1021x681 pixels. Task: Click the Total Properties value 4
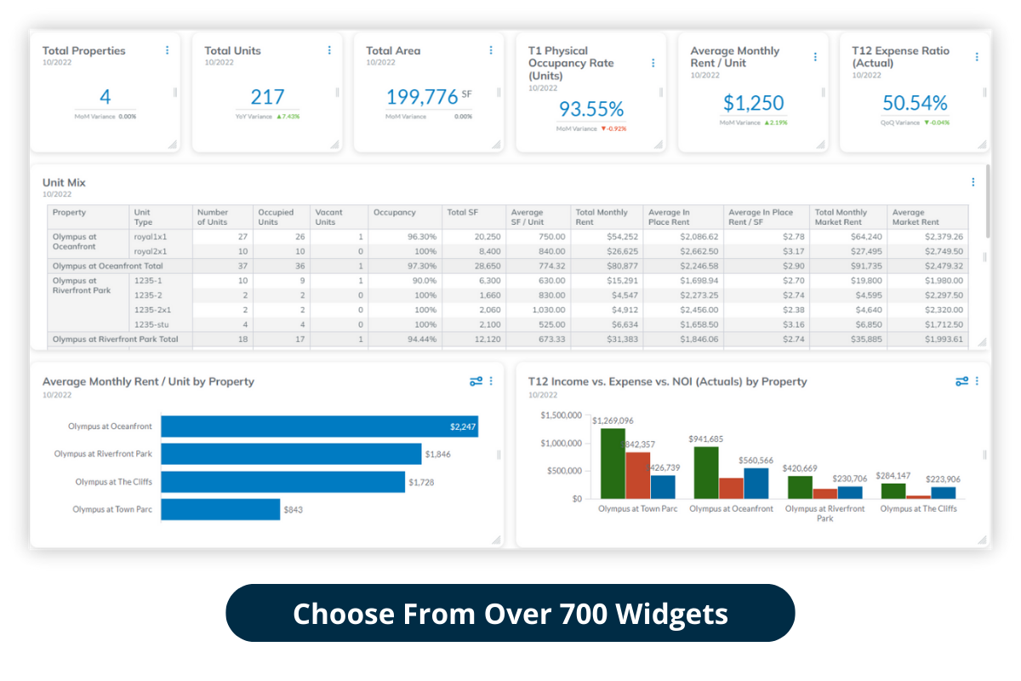click(x=105, y=97)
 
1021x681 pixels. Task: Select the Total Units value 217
click(x=267, y=97)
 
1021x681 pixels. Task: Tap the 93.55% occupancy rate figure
click(x=591, y=109)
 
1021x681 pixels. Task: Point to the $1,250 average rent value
click(x=753, y=103)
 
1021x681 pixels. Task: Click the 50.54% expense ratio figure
click(x=915, y=103)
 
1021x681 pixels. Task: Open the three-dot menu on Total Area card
click(x=491, y=51)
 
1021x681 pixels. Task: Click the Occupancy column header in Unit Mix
click(x=394, y=213)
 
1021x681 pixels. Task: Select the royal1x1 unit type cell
click(x=151, y=237)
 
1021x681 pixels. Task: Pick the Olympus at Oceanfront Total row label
click(x=107, y=266)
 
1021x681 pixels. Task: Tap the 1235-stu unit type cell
click(x=150, y=324)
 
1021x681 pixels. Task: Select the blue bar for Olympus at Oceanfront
click(x=319, y=426)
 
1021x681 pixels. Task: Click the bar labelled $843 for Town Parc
click(x=220, y=509)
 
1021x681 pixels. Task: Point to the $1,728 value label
click(x=422, y=483)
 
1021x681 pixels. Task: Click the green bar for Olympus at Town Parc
click(x=613, y=463)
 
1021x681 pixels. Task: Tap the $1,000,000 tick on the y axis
click(x=561, y=444)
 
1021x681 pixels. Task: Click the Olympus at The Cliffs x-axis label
click(x=918, y=509)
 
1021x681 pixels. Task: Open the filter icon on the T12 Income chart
click(x=961, y=381)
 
